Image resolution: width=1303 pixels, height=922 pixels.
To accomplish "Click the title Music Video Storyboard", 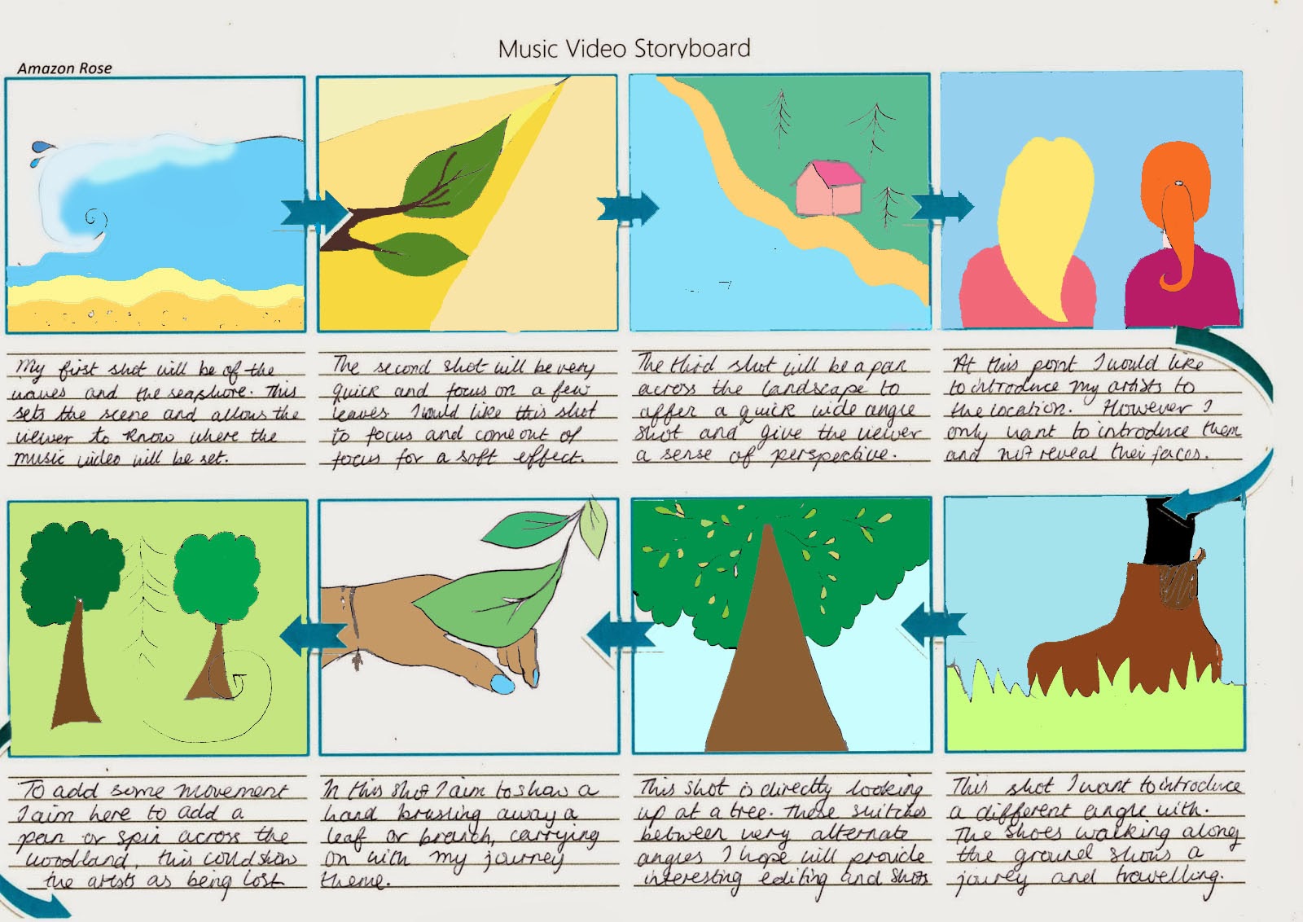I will coord(624,49).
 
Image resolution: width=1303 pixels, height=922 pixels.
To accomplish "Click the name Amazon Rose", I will coord(64,68).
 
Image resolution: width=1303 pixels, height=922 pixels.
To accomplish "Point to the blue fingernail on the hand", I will coord(503,684).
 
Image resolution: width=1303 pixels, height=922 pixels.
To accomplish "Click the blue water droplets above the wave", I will coord(39,152).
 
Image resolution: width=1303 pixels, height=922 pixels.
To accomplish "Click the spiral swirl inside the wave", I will coord(95,220).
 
